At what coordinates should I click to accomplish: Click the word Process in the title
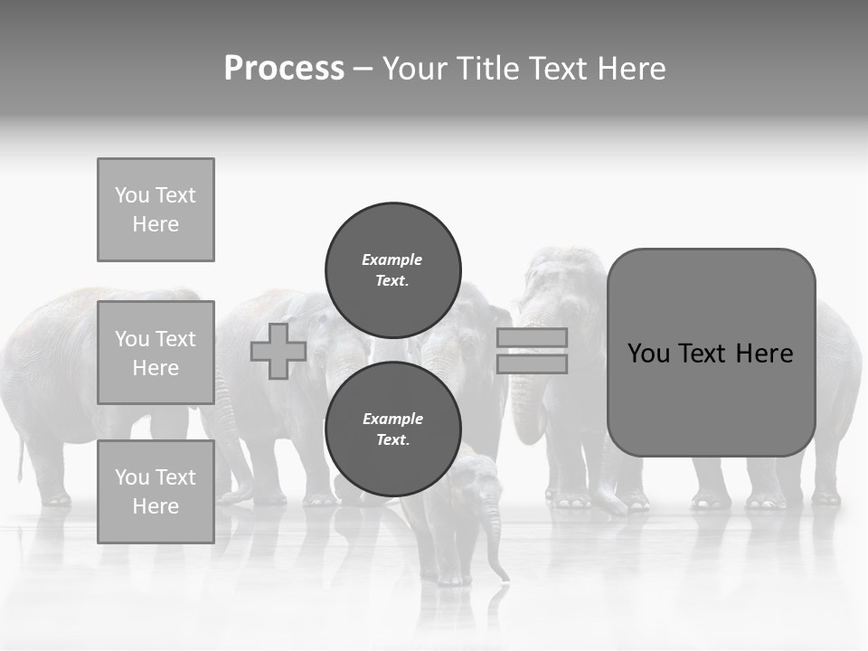tap(284, 69)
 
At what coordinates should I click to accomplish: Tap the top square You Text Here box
tap(156, 210)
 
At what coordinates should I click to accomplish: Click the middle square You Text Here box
tap(156, 353)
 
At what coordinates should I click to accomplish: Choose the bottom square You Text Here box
tap(156, 491)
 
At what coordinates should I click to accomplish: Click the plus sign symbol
tap(278, 351)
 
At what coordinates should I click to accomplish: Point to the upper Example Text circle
tap(392, 269)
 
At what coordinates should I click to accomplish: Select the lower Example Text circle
tap(392, 429)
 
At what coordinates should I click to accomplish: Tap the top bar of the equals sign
tap(532, 337)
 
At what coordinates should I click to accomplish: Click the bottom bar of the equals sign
tap(532, 363)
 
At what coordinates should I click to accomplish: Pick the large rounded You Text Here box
tap(711, 352)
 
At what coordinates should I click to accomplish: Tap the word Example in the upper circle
tap(392, 259)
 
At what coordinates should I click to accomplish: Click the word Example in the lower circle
tap(392, 419)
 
